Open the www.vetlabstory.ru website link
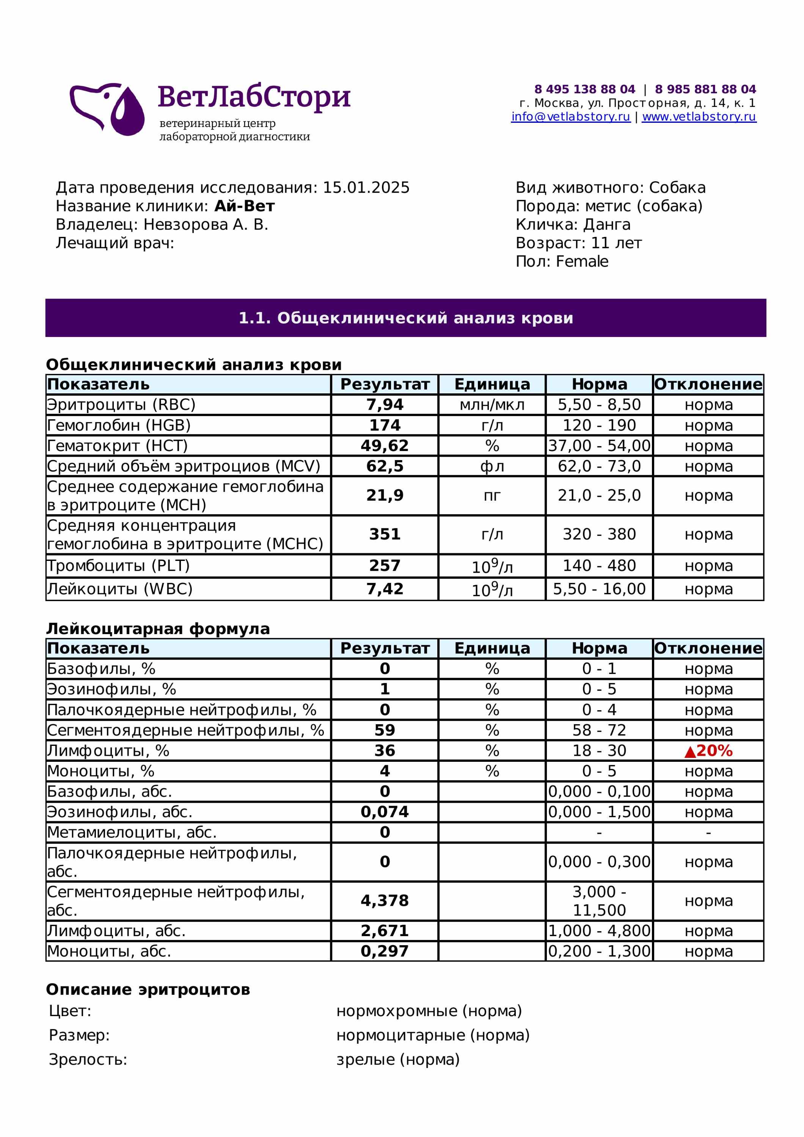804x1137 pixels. coord(699,117)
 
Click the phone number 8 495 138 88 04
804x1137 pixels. coord(584,89)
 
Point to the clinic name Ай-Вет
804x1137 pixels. coord(244,206)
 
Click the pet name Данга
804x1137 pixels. coord(607,225)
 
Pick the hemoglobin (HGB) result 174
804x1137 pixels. coord(385,425)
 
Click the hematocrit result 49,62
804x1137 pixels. coord(385,446)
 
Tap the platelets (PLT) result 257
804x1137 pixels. coord(385,565)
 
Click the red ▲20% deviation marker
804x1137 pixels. coord(708,751)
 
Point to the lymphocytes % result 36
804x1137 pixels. coord(385,751)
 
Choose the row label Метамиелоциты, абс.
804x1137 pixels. coord(132,832)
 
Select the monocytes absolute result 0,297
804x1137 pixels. coord(385,951)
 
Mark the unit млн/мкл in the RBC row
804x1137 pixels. coord(492,405)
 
